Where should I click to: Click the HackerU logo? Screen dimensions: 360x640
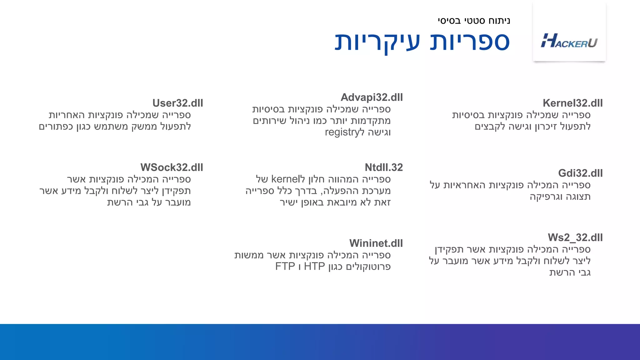click(x=569, y=41)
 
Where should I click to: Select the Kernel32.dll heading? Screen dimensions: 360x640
click(x=572, y=103)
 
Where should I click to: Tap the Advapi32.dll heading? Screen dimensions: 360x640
click(x=372, y=97)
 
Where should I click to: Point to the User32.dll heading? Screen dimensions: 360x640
click(x=177, y=103)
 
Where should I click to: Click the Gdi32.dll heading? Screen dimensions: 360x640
click(x=580, y=173)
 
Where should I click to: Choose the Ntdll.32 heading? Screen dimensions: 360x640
click(x=383, y=167)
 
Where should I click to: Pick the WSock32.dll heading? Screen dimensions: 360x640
click(x=172, y=167)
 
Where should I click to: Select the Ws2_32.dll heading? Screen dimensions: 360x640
click(x=575, y=237)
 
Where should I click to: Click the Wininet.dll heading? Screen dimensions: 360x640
click(x=376, y=243)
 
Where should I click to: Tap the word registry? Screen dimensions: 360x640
click(x=342, y=132)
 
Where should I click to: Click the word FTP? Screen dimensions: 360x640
click(x=285, y=267)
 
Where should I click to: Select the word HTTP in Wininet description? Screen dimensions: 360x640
click(x=314, y=267)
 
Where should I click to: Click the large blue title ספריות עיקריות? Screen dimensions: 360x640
click(x=422, y=41)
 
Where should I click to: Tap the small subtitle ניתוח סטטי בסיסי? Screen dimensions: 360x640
click(x=474, y=21)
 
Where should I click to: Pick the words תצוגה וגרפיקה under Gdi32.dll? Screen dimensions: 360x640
click(x=560, y=197)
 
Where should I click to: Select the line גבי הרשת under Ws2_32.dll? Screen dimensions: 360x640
click(x=570, y=272)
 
